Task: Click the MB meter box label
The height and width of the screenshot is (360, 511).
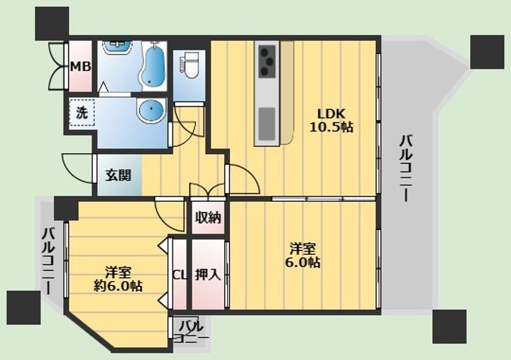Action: coord(81,67)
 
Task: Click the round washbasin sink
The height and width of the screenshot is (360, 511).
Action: coord(151,110)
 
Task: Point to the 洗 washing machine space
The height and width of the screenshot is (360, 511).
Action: coord(82,113)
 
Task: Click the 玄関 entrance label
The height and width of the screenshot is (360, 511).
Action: coord(118,175)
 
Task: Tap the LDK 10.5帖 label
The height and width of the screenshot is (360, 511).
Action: coord(331,120)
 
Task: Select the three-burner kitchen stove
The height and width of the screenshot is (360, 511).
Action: coord(267,61)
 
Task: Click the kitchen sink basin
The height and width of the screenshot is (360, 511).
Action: coord(267,124)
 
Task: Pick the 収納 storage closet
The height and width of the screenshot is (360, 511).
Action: coord(208,217)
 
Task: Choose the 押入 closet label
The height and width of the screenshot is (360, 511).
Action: coord(208,275)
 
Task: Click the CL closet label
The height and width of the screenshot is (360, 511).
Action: coord(180,276)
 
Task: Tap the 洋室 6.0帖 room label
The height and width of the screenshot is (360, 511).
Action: coord(303,256)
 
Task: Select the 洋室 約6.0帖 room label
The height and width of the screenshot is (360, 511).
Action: coord(118,279)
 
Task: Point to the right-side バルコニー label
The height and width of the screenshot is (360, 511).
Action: coord(406,168)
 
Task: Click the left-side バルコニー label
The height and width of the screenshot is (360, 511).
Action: coord(49,261)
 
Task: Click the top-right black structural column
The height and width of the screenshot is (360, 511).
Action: coord(487,52)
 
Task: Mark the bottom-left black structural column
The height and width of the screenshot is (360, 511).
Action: coord(23,308)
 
